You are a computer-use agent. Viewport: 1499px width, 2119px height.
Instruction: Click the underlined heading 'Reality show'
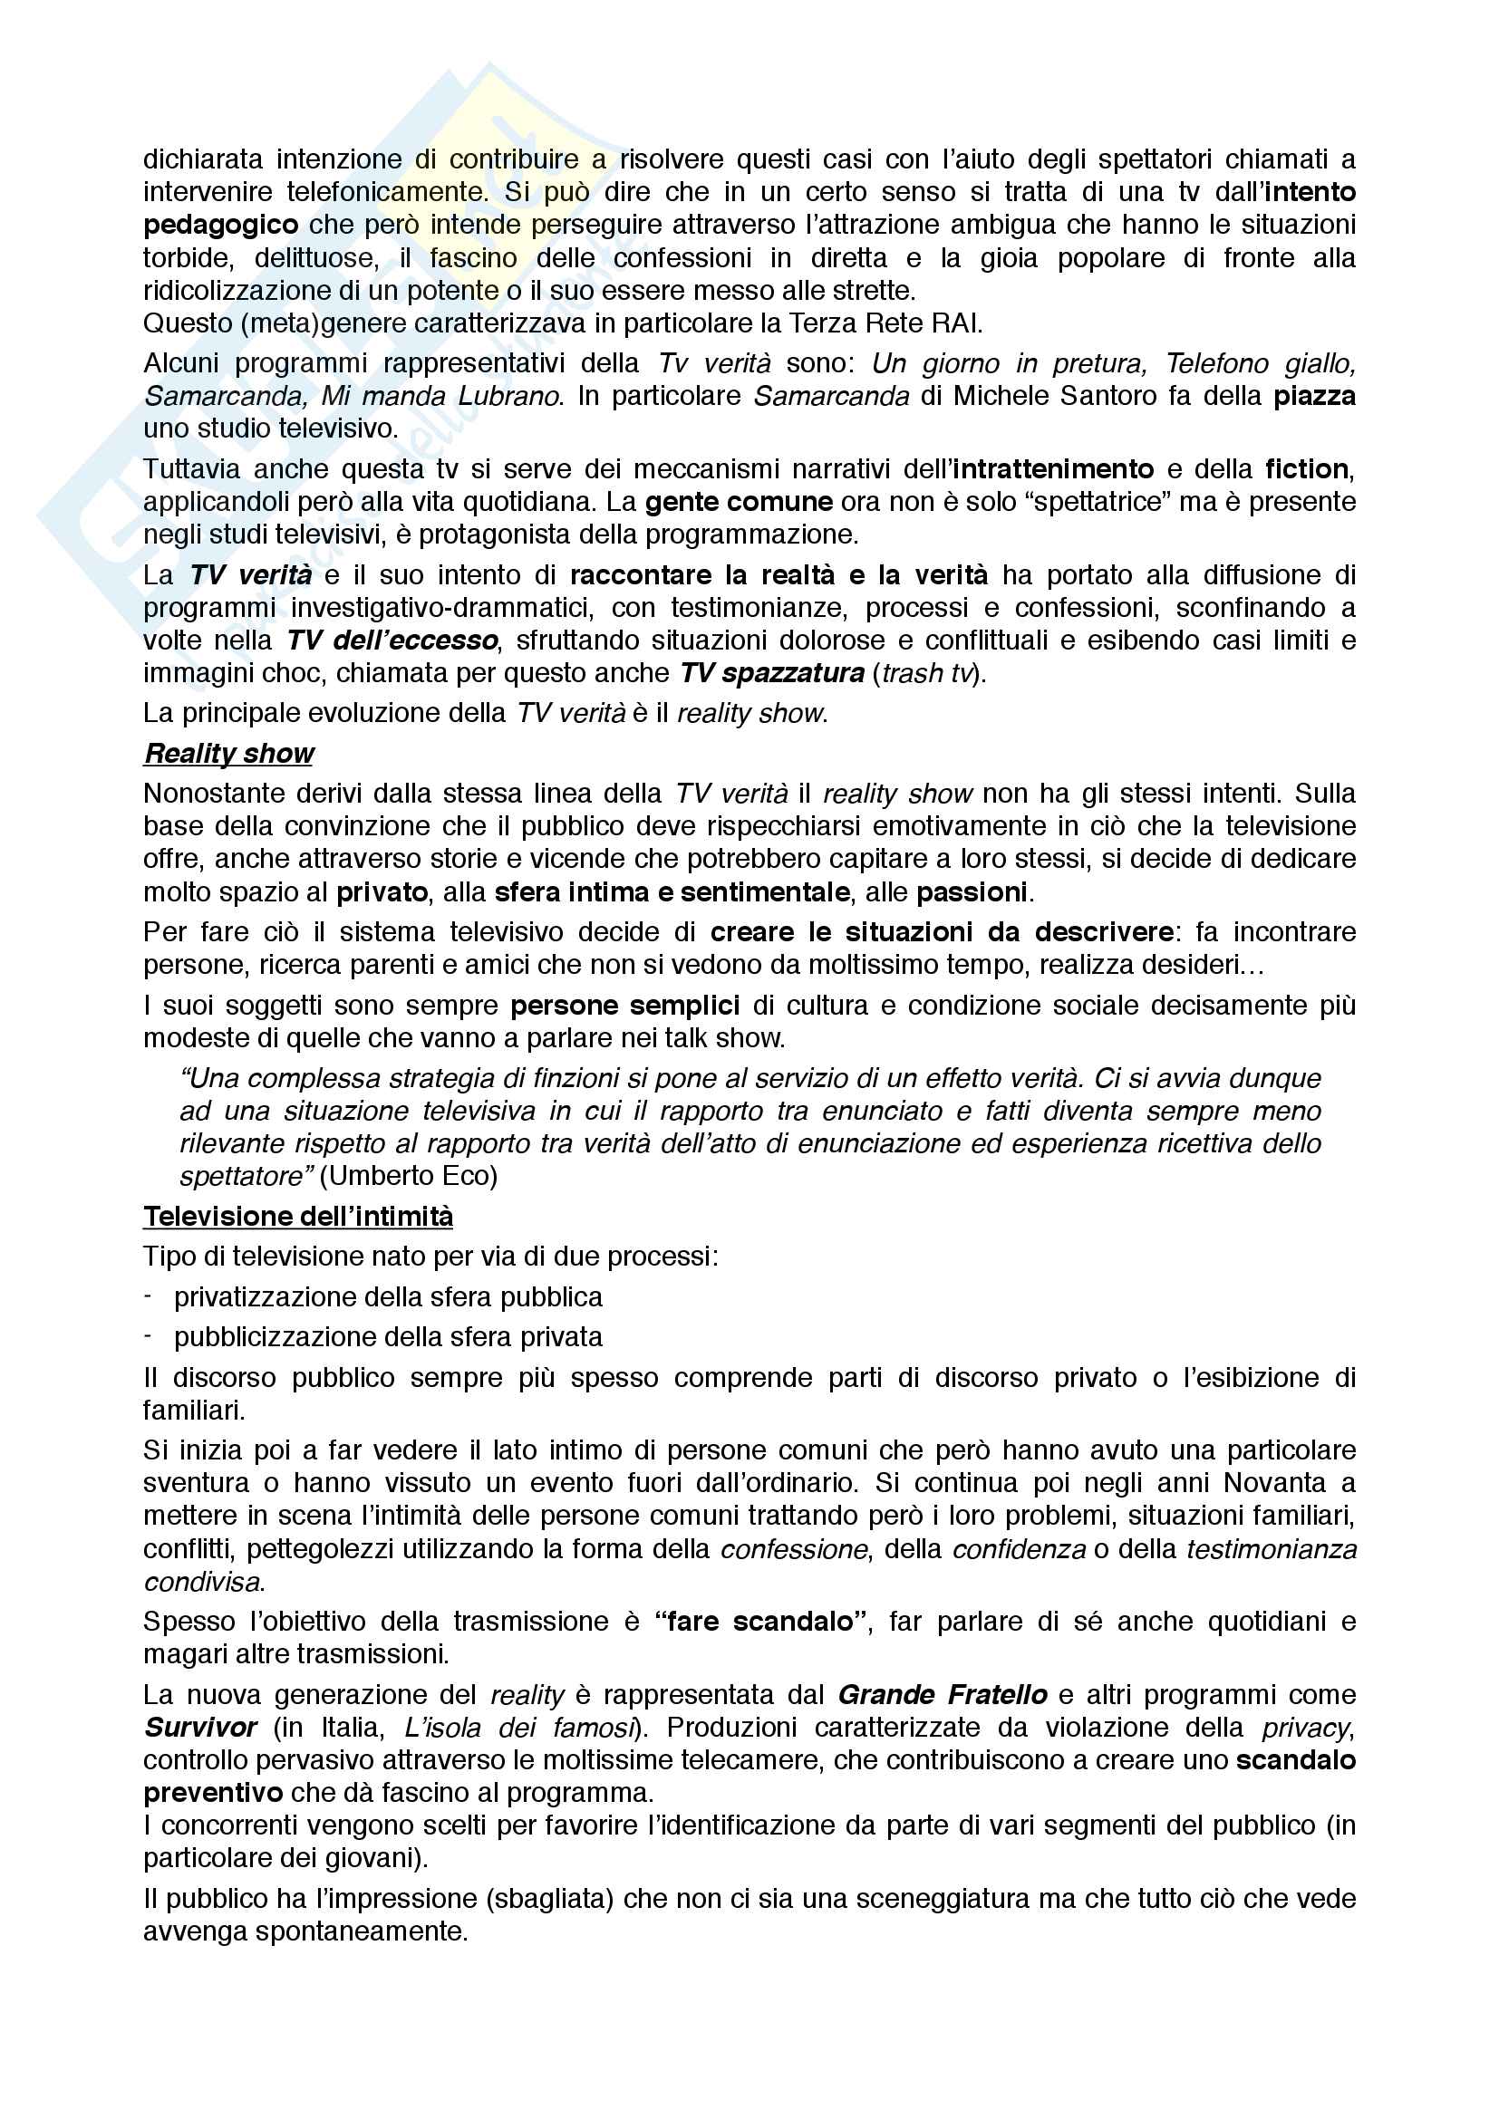click(229, 753)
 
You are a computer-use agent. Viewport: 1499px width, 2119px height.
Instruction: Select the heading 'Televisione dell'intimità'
click(298, 1216)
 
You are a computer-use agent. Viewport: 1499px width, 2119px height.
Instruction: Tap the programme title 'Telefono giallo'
click(1261, 363)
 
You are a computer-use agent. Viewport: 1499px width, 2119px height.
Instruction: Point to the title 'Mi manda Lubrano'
click(440, 396)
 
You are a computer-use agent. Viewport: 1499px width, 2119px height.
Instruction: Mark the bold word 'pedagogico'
click(220, 225)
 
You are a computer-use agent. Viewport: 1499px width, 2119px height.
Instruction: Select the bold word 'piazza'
click(1314, 396)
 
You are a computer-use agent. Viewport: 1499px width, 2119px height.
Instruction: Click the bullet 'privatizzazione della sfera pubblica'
click(388, 1296)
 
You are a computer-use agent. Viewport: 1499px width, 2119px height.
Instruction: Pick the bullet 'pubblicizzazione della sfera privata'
click(388, 1336)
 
